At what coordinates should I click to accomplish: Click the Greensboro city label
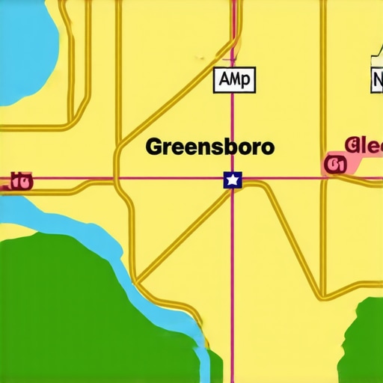209,147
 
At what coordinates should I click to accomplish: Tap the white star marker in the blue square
233,180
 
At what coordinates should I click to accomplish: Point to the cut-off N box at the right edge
376,79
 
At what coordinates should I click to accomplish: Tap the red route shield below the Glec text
334,165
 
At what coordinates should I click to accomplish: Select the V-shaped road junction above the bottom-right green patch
322,292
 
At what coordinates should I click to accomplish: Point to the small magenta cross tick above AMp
233,58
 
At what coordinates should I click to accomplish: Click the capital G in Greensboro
153,147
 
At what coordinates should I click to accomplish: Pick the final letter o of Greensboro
267,147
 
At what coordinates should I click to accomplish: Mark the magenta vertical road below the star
233,284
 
